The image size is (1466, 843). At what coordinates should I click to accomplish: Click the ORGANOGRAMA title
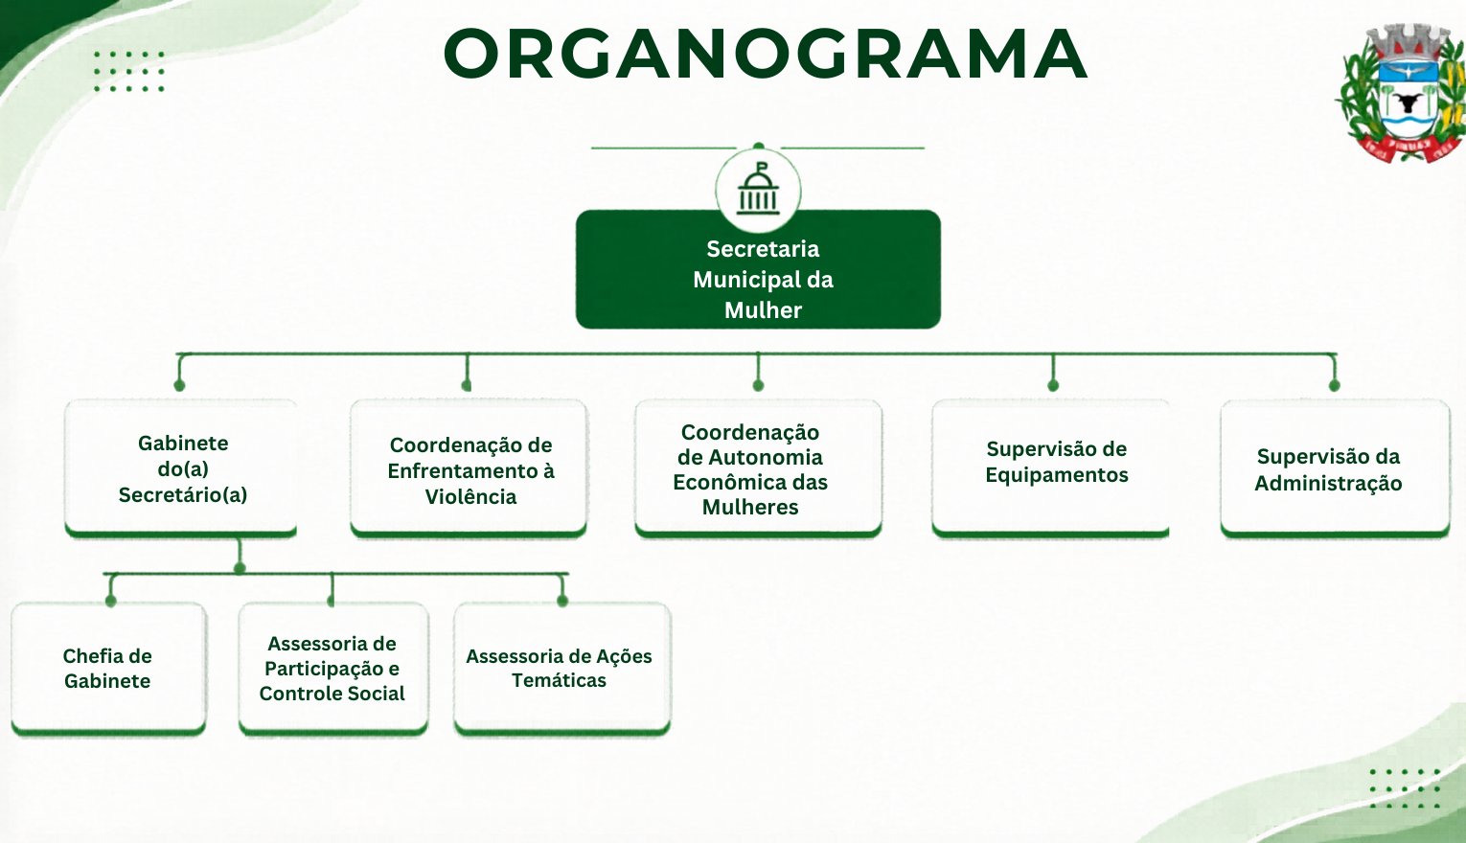765,54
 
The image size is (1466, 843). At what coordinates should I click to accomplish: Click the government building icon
758,189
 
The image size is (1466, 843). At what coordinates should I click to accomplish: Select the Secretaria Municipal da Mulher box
758,269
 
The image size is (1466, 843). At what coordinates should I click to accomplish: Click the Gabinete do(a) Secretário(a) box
181,468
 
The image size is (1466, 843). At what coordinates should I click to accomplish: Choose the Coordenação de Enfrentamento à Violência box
469,468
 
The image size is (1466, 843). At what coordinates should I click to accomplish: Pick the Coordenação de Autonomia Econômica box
758,468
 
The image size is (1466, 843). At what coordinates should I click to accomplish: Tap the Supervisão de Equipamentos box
1051,468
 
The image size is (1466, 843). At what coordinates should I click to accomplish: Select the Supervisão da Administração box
1335,468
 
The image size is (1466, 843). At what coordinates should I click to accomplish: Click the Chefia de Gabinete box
108,669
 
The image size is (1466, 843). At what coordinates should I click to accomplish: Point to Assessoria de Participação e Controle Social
333,669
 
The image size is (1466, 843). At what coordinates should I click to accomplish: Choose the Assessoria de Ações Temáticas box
562,669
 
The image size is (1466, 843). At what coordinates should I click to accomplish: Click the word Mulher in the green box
763,310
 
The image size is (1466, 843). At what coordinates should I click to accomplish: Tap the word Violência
470,497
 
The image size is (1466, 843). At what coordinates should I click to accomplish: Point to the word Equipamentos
1057,475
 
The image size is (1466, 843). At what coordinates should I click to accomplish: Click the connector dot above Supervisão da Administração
1335,385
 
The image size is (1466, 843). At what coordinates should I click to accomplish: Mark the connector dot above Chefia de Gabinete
110,601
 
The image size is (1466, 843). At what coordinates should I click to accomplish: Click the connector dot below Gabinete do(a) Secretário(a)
240,567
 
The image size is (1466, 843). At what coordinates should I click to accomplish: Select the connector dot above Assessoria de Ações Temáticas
562,601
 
